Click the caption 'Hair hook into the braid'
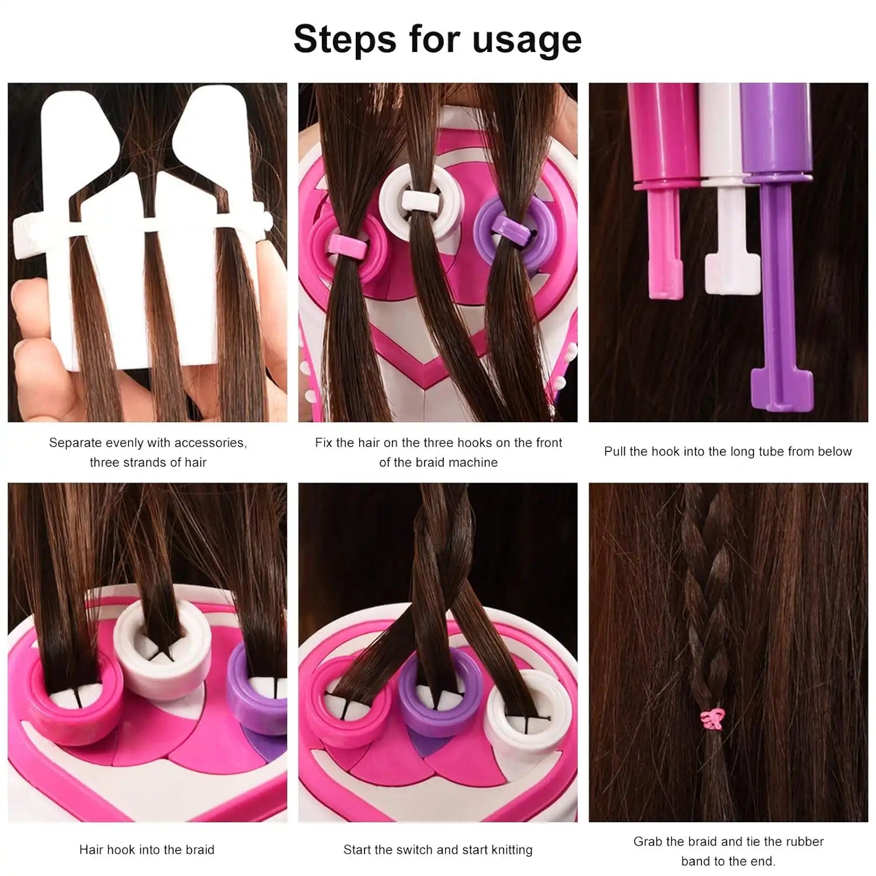pyautogui.click(x=147, y=850)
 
